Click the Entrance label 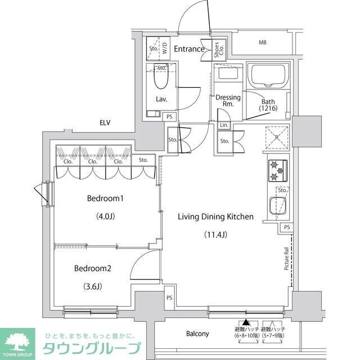click(x=188, y=49)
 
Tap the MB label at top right click(x=263, y=42)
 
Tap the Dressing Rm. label click(x=228, y=101)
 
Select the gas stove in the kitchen click(x=277, y=170)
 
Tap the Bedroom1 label click(x=105, y=199)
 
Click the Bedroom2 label click(x=93, y=268)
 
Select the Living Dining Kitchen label click(x=216, y=217)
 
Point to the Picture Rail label click(x=287, y=259)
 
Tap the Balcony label click(x=197, y=334)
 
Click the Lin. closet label click(x=223, y=125)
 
